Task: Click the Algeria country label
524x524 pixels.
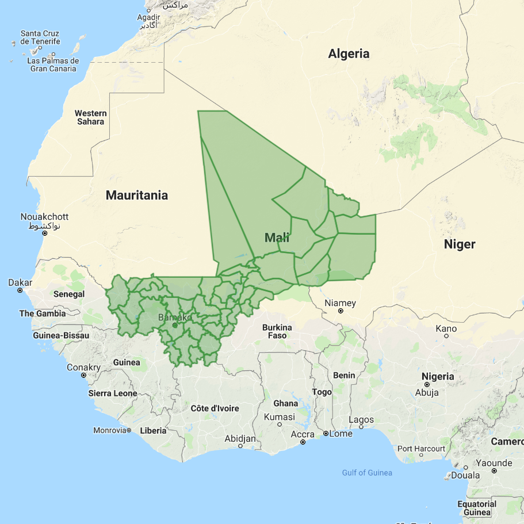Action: (x=349, y=54)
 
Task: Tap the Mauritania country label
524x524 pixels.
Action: (x=137, y=196)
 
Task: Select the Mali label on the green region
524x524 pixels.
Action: (x=277, y=238)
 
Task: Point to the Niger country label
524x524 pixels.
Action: (x=460, y=244)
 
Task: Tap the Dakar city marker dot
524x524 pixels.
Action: (x=20, y=290)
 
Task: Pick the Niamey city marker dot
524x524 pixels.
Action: (x=341, y=311)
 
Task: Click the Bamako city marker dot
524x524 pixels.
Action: (x=175, y=325)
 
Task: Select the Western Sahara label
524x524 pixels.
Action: (x=91, y=117)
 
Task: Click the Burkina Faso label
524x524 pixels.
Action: (x=277, y=331)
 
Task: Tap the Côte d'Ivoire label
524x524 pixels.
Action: (x=215, y=408)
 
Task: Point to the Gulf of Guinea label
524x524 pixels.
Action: (x=367, y=473)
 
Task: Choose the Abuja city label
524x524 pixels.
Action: (x=427, y=393)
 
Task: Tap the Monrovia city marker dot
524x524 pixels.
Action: (x=129, y=430)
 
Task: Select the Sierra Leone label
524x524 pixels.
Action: (x=112, y=393)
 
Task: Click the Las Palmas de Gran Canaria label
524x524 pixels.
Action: (x=53, y=64)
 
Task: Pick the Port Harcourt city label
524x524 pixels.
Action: (x=421, y=449)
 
